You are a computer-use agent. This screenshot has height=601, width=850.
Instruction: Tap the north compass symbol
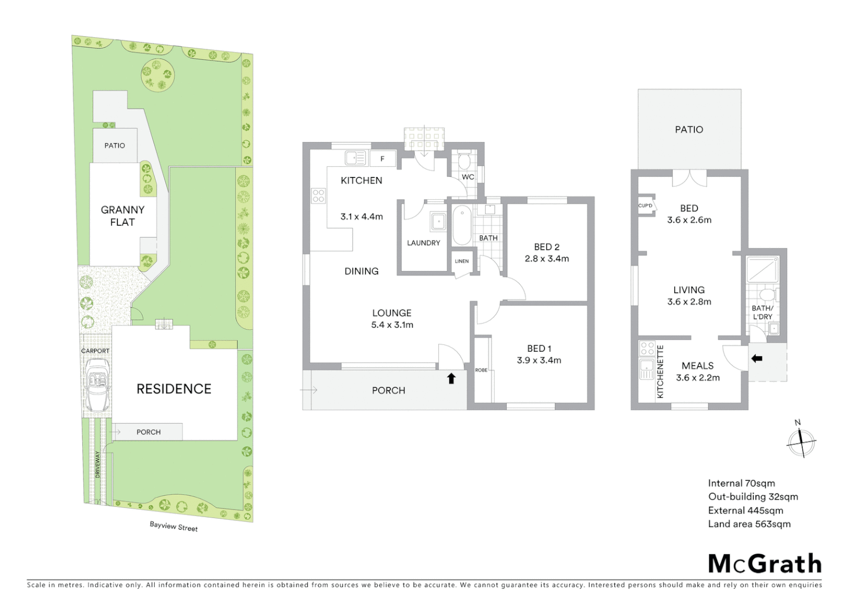pos(801,442)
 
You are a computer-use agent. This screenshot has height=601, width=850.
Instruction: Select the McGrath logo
pos(764,564)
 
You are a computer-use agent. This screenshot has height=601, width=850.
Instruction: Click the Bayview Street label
pos(174,526)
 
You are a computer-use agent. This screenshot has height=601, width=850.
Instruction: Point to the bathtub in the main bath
pos(461,225)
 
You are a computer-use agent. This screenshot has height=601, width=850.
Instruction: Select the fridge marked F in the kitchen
pos(382,159)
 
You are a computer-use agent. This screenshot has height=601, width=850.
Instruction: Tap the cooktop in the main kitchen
pos(318,195)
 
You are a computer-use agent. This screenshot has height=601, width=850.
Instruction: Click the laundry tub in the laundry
pos(438,221)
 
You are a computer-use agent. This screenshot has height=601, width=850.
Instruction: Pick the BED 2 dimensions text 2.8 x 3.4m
pos(547,259)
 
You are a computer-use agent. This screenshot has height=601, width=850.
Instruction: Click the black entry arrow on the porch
pos(451,378)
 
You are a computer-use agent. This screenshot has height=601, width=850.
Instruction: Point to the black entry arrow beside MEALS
pos(757,359)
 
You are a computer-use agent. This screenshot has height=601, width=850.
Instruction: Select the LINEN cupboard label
pos(462,261)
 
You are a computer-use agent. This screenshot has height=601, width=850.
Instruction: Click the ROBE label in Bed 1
pos(481,370)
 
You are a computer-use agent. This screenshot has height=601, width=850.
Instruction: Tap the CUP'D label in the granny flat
pos(645,205)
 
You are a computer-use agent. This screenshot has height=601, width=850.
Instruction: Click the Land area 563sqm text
pos(749,524)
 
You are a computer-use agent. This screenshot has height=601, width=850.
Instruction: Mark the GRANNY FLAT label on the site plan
pos(122,216)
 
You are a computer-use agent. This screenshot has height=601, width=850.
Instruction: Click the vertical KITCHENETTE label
pos(660,371)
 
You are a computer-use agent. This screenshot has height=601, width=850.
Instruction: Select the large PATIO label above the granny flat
pos(689,130)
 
